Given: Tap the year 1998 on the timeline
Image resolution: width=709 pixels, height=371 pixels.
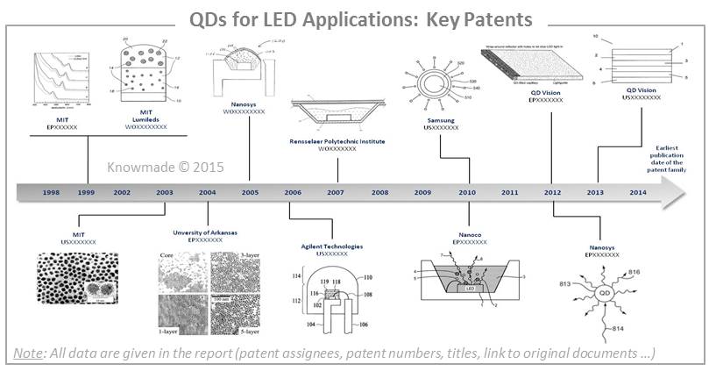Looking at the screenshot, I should coord(51,192).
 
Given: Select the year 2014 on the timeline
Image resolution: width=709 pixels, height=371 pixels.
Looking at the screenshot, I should coord(637,192).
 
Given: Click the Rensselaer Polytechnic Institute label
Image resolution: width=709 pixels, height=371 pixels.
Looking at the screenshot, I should coord(337,140).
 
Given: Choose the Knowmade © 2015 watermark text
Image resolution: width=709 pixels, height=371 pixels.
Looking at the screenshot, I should coord(160,165).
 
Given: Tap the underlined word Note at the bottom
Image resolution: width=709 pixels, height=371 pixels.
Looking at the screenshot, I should coord(30,353).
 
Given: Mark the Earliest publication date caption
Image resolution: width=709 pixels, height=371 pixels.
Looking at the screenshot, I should coord(670,156).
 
